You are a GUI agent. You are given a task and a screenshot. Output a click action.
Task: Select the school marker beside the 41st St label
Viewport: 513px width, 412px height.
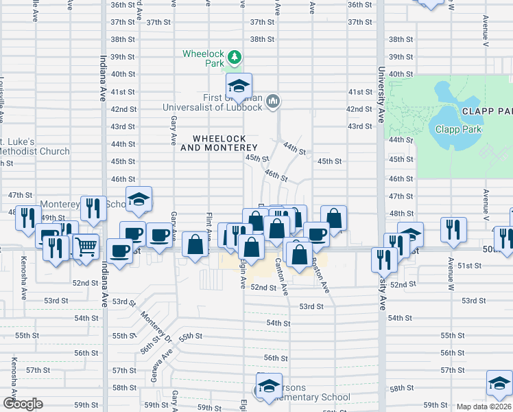[239, 87]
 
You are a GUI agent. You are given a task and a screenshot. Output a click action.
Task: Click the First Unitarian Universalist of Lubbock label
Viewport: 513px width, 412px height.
[213, 102]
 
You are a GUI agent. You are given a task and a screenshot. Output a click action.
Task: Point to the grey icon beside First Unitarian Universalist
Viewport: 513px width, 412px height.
[273, 102]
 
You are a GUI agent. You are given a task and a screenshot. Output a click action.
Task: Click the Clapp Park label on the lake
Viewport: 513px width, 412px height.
[458, 128]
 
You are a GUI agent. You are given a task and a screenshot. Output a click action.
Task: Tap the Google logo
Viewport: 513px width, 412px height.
[23, 404]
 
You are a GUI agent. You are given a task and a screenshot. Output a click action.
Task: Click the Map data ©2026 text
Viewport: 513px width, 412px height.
[484, 407]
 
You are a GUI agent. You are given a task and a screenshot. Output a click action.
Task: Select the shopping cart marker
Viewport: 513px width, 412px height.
[84, 247]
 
